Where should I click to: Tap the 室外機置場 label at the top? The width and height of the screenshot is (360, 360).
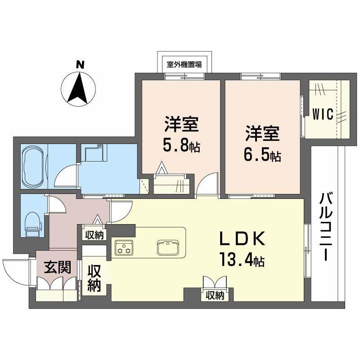[x=184, y=64]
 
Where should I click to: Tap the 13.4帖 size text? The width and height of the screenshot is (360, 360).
[x=242, y=260]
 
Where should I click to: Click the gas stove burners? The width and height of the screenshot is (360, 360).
[x=123, y=247]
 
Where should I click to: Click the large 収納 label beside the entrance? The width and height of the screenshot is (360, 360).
[x=94, y=279]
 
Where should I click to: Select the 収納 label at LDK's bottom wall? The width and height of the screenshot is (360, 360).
[x=215, y=295]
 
